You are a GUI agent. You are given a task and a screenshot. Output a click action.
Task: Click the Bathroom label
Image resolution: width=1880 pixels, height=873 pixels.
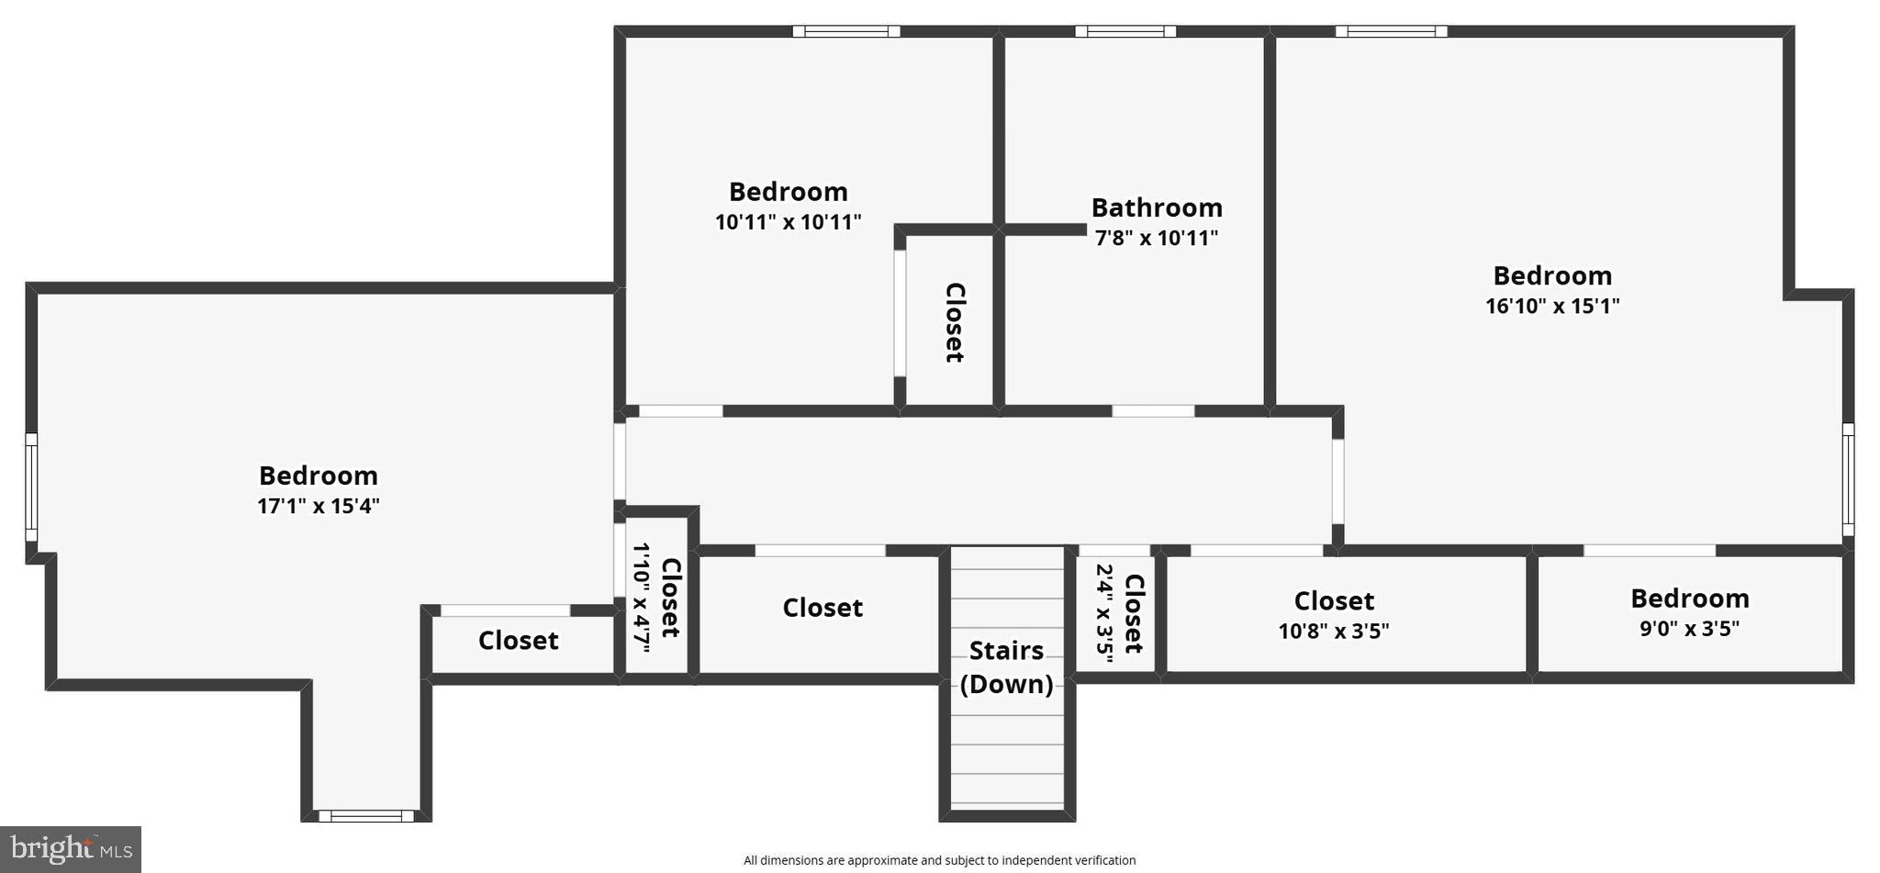point(1156,207)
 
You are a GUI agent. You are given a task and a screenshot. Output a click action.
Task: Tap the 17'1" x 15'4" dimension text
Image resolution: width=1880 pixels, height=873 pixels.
point(318,506)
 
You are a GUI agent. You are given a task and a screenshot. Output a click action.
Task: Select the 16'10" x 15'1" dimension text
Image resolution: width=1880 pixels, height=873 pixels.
point(1552,306)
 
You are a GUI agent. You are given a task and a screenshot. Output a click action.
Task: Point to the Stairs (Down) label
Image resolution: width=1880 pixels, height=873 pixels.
point(1006,667)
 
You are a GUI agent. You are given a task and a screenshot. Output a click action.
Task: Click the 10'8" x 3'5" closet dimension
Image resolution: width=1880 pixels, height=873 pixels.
point(1333,632)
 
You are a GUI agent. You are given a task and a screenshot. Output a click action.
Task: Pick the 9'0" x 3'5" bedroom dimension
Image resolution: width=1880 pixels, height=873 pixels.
point(1689,629)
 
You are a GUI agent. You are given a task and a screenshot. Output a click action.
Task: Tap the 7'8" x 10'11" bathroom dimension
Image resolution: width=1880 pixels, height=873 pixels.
point(1156,239)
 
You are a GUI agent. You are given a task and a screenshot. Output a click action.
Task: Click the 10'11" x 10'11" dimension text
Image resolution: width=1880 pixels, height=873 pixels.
point(788,222)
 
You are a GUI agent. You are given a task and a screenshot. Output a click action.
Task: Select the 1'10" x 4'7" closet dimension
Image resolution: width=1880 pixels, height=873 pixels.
point(642,598)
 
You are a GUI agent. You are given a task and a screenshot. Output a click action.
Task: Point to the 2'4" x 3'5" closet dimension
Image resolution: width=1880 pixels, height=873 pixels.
point(1105,609)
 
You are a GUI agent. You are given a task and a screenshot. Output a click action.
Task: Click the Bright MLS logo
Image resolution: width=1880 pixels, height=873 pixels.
point(71,849)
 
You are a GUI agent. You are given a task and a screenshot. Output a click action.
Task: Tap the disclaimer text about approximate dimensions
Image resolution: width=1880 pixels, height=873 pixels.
point(939,860)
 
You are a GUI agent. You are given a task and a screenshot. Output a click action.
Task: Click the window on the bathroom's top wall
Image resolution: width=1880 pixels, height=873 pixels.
point(1125,31)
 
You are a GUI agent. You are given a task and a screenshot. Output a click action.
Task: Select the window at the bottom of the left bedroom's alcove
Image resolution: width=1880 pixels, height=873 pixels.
point(365,815)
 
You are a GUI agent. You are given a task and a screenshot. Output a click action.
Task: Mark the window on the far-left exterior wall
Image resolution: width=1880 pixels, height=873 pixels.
point(31,487)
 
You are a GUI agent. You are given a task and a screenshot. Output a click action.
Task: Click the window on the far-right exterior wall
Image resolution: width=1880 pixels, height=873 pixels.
point(1848,479)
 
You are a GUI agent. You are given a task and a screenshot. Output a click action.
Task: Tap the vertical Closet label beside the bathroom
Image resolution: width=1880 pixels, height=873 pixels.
point(955,322)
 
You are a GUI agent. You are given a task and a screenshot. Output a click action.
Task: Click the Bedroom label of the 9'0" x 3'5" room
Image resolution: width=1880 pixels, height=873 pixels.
point(1689,599)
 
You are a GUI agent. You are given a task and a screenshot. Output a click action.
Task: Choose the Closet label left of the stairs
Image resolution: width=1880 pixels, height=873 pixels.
point(822,608)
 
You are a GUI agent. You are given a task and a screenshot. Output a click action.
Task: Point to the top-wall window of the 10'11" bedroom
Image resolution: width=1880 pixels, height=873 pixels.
point(845,31)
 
